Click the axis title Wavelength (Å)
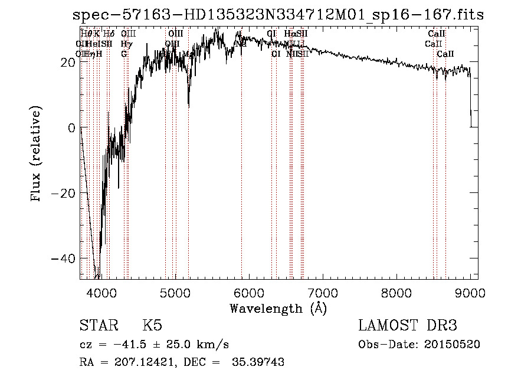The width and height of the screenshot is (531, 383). (278, 308)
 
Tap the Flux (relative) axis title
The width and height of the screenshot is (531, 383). (37, 155)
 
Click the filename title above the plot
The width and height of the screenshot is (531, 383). (278, 14)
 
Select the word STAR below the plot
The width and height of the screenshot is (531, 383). (99, 325)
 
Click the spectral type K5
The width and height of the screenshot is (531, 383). (152, 325)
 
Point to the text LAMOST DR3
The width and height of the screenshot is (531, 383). (408, 325)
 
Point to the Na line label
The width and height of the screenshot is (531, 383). (240, 44)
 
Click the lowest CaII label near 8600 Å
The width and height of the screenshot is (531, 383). (445, 54)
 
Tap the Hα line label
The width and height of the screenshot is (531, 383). (290, 34)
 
